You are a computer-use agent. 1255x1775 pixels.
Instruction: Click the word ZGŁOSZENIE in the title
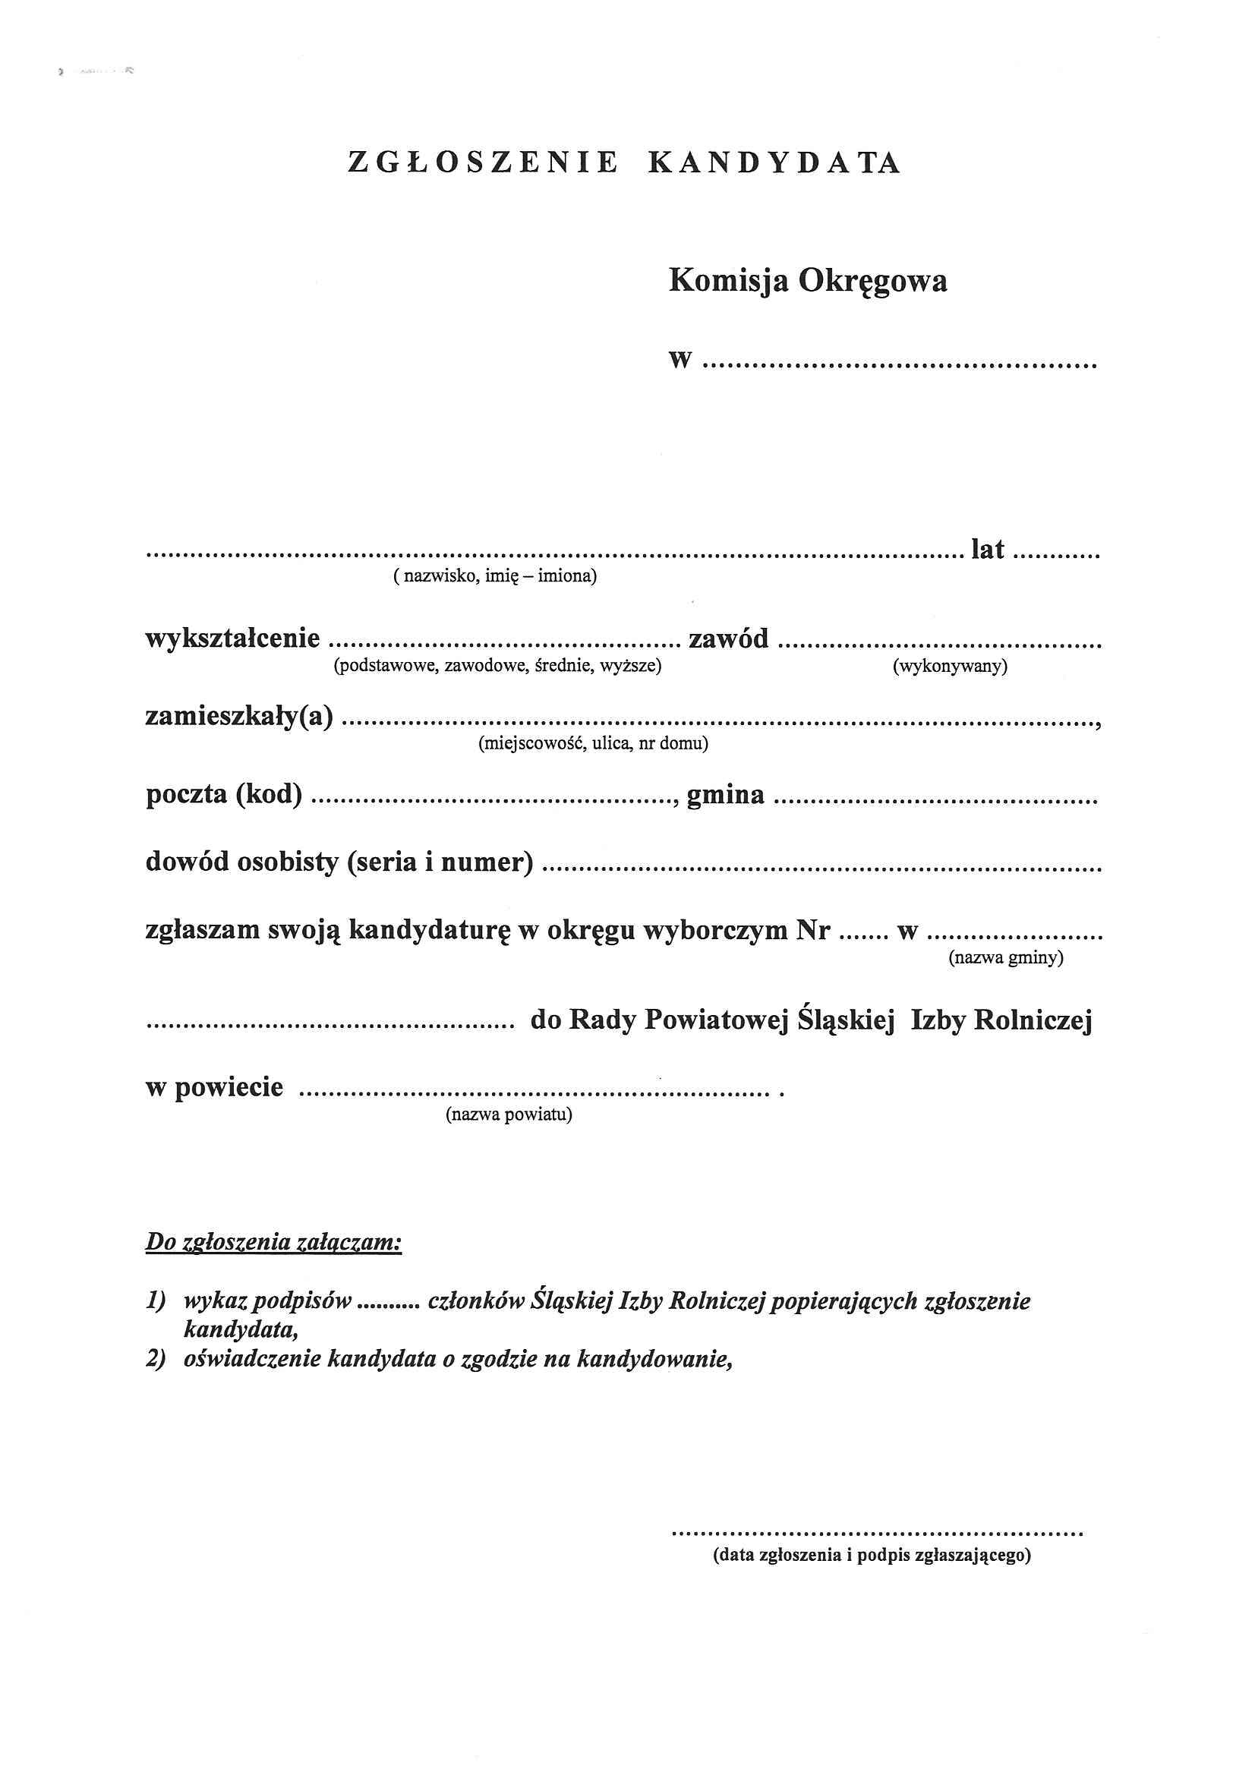(484, 162)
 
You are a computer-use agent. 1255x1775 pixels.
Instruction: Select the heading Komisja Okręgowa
(807, 281)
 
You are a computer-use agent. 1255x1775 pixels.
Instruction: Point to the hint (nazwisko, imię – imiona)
(495, 577)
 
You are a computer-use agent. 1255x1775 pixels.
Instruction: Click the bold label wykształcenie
(233, 638)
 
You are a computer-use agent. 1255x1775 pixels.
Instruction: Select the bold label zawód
(728, 638)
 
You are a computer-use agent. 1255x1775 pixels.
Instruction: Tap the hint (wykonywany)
(950, 667)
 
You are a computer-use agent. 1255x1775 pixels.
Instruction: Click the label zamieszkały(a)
(240, 717)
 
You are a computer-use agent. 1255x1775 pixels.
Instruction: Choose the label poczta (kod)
(223, 795)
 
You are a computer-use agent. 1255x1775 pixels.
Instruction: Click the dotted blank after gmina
(935, 801)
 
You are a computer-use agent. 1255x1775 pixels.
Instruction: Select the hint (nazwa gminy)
(1006, 959)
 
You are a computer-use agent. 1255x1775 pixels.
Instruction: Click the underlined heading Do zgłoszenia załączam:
(274, 1242)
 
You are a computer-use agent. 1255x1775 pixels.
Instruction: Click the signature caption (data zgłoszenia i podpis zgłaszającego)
(872, 1556)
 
